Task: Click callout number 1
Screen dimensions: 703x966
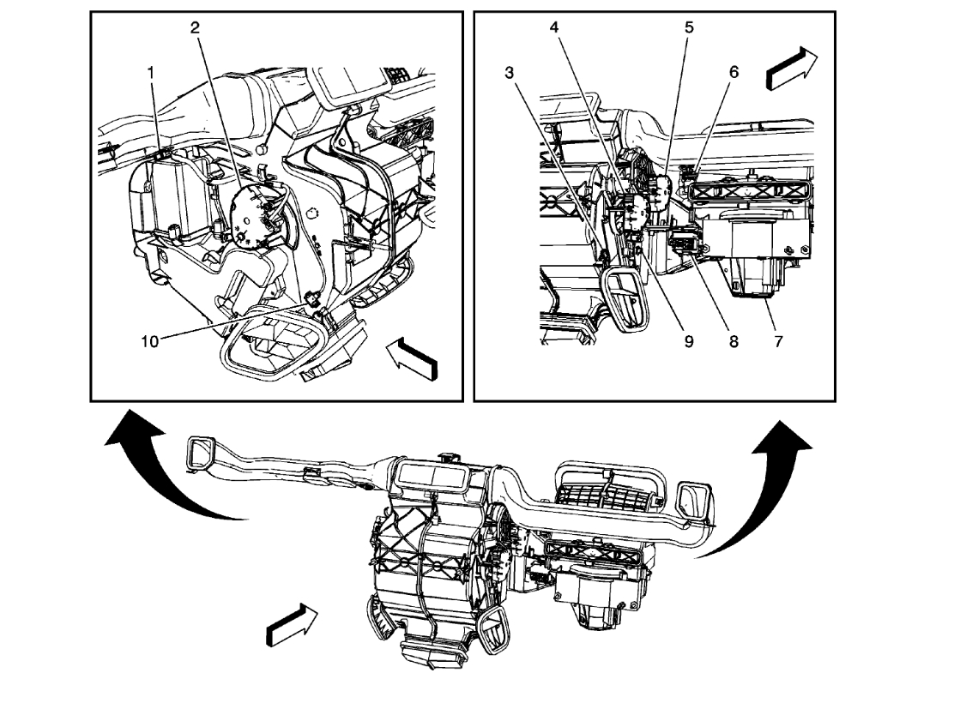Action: [x=151, y=74]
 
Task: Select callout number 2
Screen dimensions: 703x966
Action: [x=195, y=27]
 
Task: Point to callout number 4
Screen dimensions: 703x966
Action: [x=555, y=27]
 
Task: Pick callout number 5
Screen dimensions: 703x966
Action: [x=688, y=27]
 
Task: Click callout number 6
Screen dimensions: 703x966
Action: [x=734, y=73]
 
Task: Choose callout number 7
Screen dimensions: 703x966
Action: [x=778, y=340]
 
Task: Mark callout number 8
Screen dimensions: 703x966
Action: [x=734, y=340]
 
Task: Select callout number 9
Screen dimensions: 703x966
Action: [x=688, y=340]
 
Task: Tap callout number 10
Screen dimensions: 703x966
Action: [x=151, y=340]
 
